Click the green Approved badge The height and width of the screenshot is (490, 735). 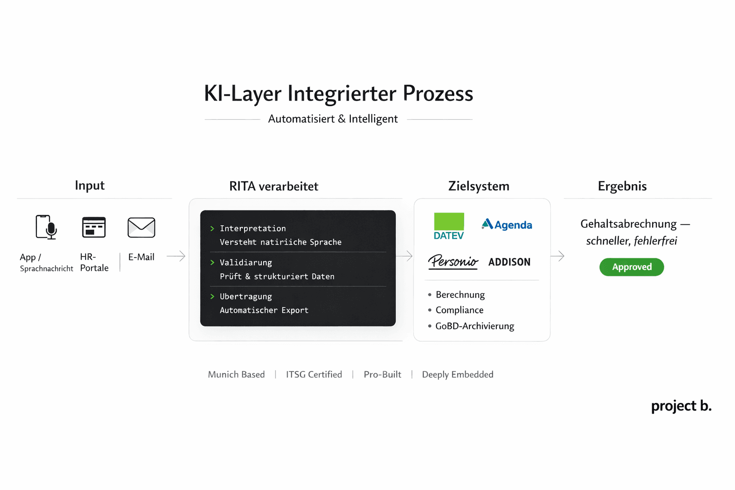point(632,267)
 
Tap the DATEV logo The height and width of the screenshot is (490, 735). point(449,226)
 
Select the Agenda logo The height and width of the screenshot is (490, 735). point(507,224)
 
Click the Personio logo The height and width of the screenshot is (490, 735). point(453,261)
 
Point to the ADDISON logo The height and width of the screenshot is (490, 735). point(509,262)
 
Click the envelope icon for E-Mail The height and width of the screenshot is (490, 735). point(141,227)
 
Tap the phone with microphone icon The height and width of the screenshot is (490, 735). point(46,227)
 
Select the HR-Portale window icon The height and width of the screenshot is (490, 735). point(94,227)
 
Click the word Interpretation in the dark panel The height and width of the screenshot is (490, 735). point(253,229)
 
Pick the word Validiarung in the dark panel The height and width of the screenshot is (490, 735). point(245,263)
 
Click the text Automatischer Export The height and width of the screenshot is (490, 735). point(264,311)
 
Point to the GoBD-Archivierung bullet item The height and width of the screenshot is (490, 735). point(474,326)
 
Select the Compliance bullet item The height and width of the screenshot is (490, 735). point(459,310)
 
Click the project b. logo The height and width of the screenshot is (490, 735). point(681,406)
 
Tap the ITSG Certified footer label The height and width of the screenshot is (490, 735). point(314,375)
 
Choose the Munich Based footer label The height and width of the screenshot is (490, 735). point(236,375)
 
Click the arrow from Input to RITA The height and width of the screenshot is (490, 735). point(176,256)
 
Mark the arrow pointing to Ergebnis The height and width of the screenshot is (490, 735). point(557,256)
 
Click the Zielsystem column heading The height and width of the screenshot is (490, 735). point(479,186)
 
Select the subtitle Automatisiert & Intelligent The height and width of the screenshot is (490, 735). point(333,119)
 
